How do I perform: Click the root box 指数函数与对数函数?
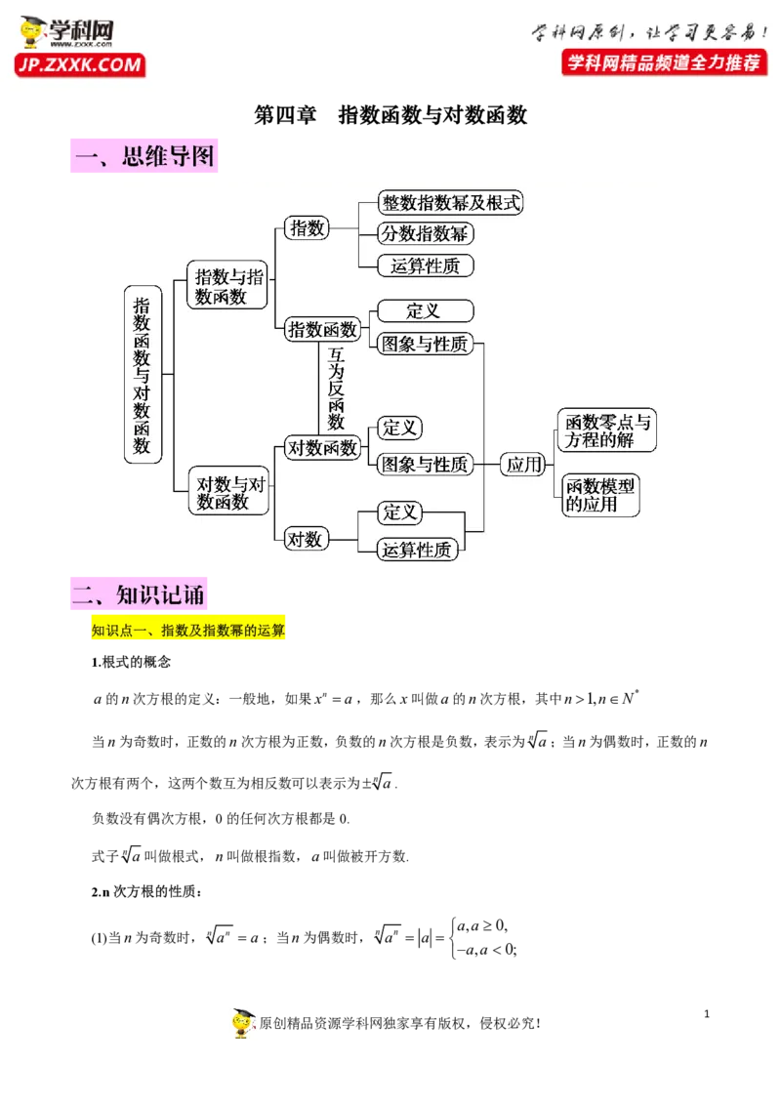pos(143,375)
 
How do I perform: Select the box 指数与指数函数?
pos(227,286)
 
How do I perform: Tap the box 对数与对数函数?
pos(227,492)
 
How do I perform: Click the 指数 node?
pos(307,227)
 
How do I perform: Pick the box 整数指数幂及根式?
pos(451,203)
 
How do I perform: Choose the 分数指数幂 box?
pos(426,233)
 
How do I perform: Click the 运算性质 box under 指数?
pos(426,265)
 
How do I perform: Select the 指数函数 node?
pos(322,329)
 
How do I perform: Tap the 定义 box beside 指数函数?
pos(424,311)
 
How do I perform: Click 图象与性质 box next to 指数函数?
pos(425,343)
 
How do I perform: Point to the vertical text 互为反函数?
pos(337,389)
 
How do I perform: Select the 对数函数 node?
pos(322,449)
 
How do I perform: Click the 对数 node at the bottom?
pos(305,538)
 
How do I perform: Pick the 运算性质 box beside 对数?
pos(418,550)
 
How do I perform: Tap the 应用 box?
pos(523,465)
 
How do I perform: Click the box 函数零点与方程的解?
pos(605,430)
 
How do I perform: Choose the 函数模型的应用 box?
pos(599,495)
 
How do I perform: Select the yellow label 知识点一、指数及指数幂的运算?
pos(187,631)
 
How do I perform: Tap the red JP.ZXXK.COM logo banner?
pos(79,65)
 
